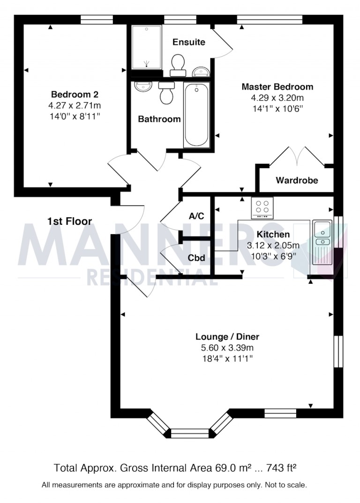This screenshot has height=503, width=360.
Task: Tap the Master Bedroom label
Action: (277, 87)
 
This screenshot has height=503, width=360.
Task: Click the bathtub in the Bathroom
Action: (196, 115)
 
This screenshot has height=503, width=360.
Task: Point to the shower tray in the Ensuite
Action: (147, 46)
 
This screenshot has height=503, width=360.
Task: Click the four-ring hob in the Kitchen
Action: (263, 207)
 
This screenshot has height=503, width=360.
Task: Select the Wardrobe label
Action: (297, 180)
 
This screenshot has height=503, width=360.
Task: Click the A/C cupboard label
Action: (196, 216)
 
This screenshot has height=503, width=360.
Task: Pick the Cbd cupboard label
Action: (196, 258)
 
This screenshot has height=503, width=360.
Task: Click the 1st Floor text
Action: (69, 221)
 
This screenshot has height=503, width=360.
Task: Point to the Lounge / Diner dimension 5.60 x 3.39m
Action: (227, 348)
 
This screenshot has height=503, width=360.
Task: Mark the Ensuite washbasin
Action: (201, 71)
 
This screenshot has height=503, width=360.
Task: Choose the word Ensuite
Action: (189, 42)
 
